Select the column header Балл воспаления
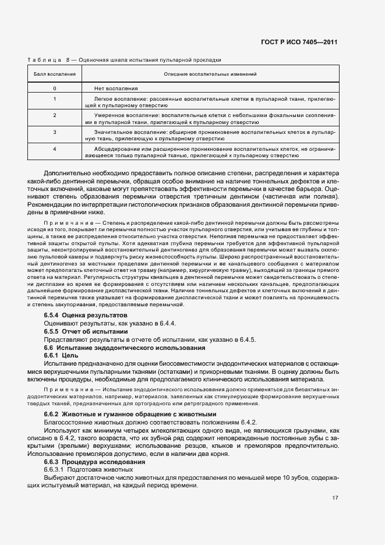(54, 75)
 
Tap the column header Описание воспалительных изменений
(210, 75)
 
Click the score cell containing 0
(54, 88)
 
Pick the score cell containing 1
(54, 98)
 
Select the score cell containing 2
(54, 115)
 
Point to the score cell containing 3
(54, 132)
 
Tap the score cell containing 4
(54, 149)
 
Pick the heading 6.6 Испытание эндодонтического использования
(124, 348)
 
